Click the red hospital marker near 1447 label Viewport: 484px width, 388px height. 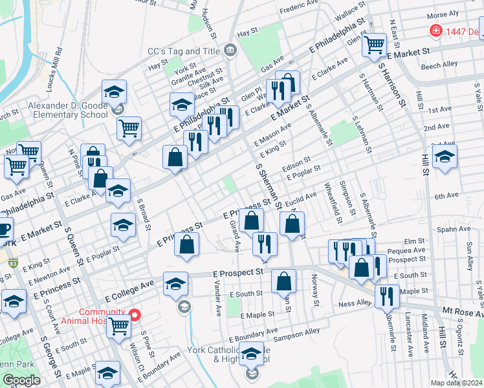click(436, 31)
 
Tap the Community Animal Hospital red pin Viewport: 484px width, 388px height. click(135, 316)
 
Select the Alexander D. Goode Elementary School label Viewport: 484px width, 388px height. click(67, 110)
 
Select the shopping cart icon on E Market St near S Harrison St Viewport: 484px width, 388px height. click(375, 45)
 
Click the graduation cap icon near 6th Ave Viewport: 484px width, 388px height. click(445, 156)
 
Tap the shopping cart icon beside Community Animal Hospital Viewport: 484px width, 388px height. click(119, 327)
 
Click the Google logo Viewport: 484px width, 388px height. click(21, 380)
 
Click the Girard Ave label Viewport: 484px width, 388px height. click(236, 237)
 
